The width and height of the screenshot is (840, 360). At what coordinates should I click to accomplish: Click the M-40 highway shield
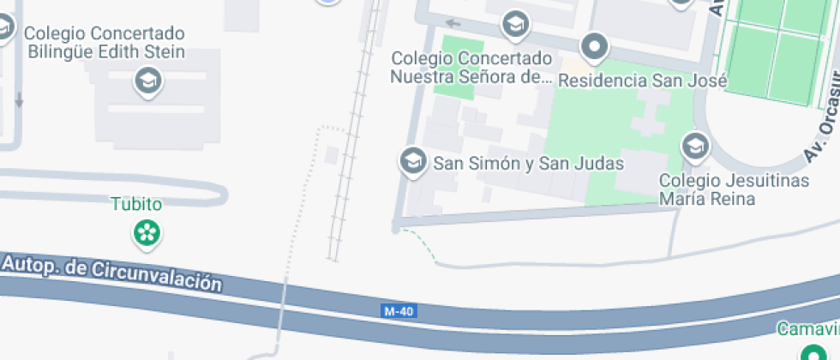point(399,311)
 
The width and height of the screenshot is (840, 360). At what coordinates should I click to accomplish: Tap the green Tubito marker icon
point(147,231)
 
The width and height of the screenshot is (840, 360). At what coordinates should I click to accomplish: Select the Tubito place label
point(136,205)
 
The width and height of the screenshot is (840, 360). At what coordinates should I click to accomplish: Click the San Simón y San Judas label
point(528,163)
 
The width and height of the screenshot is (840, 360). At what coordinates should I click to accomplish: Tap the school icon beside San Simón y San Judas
point(413,160)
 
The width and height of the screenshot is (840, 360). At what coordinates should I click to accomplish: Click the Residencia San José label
point(642,81)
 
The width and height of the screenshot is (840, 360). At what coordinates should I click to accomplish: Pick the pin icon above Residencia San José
point(594,45)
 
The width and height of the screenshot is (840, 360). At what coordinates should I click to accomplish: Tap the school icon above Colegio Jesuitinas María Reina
point(694,147)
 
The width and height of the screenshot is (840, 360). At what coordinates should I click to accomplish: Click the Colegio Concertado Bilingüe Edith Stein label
point(106,43)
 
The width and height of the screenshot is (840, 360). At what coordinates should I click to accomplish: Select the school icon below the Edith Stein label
point(148,82)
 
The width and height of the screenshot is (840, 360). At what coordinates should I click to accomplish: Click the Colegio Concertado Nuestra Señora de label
point(472,68)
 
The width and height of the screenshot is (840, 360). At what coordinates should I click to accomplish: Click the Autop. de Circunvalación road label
point(112,274)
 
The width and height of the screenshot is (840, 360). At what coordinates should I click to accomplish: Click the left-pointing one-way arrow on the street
point(453,23)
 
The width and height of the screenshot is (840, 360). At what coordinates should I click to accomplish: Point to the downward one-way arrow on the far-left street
point(19,99)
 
